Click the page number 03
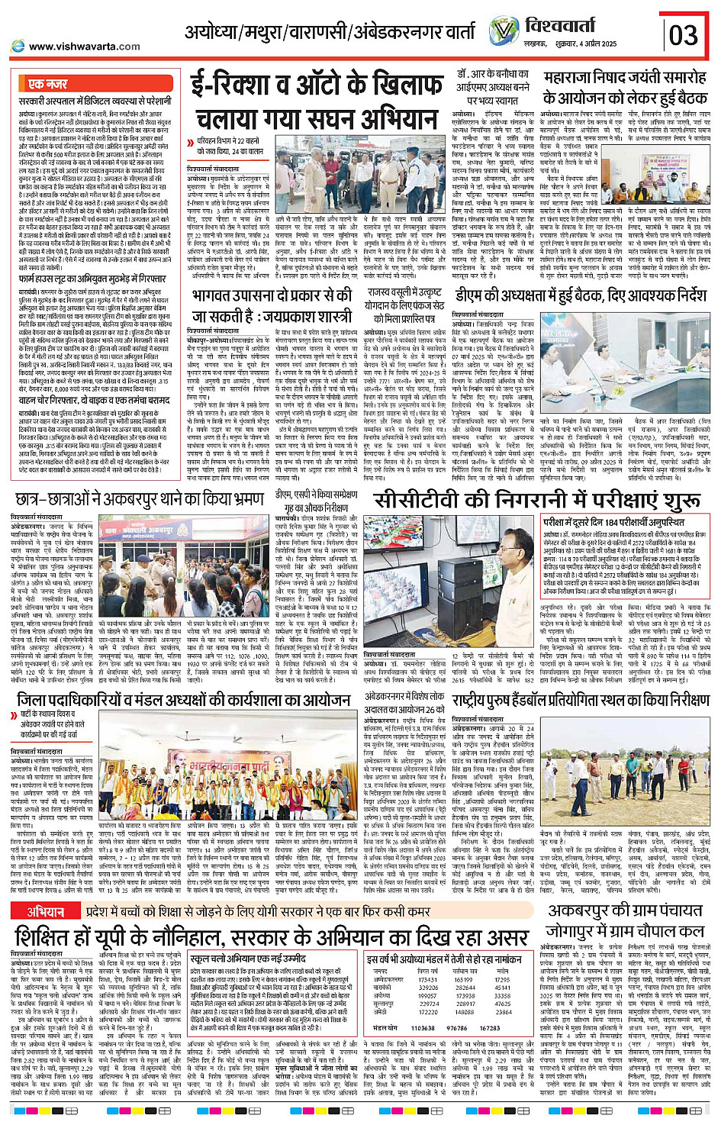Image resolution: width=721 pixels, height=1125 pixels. pos(684,35)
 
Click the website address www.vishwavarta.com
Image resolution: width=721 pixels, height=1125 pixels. pos(84,47)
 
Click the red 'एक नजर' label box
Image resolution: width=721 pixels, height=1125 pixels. pos(47,84)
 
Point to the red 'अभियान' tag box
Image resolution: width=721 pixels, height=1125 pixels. pos(46,912)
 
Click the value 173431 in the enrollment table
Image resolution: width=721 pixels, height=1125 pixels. pos(429,980)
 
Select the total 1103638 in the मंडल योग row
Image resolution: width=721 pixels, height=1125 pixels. pos(423,1028)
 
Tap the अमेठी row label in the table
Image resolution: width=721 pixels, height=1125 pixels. pos(381,1012)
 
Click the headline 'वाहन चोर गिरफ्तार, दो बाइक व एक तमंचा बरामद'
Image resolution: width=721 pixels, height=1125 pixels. pos(94,400)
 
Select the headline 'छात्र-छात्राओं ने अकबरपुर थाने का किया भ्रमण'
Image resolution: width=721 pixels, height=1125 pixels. pos(142,500)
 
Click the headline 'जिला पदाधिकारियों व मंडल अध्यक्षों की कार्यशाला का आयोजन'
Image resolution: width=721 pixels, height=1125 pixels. pos(184,700)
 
